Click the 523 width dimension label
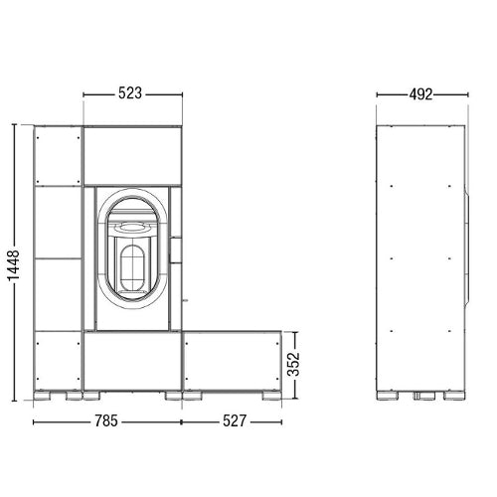[130, 93]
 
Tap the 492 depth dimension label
[420, 94]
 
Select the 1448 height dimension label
[14, 265]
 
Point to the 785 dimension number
[106, 421]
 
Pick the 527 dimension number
[235, 421]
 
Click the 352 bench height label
[293, 364]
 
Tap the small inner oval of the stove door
[132, 268]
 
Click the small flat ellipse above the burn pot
[132, 227]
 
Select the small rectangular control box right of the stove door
[175, 249]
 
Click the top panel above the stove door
[132, 156]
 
